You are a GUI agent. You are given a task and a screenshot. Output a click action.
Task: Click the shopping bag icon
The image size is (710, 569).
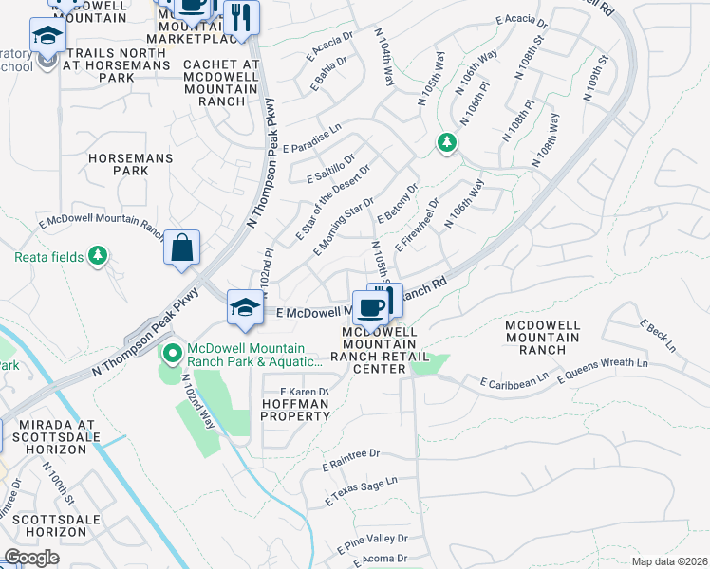[181, 248]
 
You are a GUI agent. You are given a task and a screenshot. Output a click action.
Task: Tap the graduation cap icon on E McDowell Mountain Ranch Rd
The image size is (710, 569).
[245, 307]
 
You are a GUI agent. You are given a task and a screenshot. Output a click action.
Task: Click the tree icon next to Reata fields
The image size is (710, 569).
[97, 256]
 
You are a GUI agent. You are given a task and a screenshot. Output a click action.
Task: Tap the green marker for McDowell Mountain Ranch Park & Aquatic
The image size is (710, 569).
[172, 355]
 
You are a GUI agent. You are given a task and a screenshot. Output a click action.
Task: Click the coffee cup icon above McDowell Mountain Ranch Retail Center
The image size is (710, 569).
[369, 306]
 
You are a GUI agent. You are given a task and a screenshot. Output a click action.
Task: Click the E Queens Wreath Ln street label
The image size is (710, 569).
[603, 370]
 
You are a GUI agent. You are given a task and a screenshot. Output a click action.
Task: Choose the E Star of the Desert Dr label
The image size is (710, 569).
[331, 201]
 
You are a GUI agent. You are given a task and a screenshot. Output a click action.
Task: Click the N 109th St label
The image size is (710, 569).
[594, 82]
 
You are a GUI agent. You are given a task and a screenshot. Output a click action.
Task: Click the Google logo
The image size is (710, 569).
[31, 558]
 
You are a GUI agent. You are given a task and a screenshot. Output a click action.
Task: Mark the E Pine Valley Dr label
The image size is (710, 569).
[371, 542]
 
